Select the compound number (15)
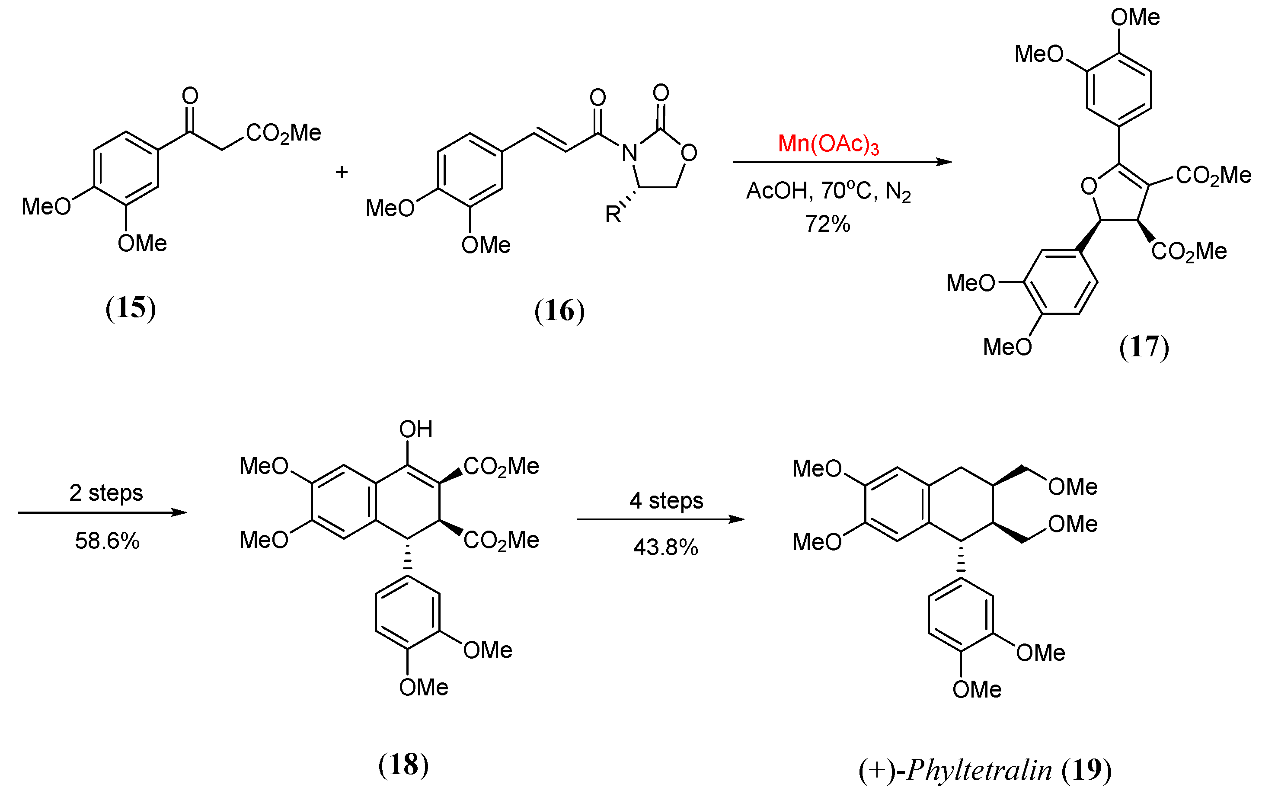(x=131, y=308)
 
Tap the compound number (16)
(x=559, y=311)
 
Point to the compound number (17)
(x=1144, y=347)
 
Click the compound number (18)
(x=403, y=765)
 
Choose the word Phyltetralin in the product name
(x=979, y=770)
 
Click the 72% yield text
(x=827, y=224)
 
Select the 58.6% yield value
(x=107, y=541)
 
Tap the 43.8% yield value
(x=666, y=548)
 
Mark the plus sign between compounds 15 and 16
(x=342, y=172)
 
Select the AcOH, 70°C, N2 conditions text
(x=828, y=192)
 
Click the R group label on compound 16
(x=612, y=214)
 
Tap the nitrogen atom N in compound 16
(x=629, y=153)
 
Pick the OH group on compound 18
(x=415, y=430)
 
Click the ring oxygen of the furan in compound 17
(x=1089, y=186)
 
